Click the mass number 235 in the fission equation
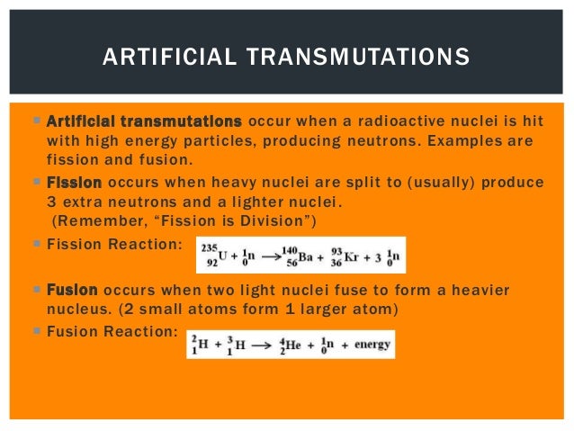[x=211, y=247]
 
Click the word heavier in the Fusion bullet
[x=478, y=291]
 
